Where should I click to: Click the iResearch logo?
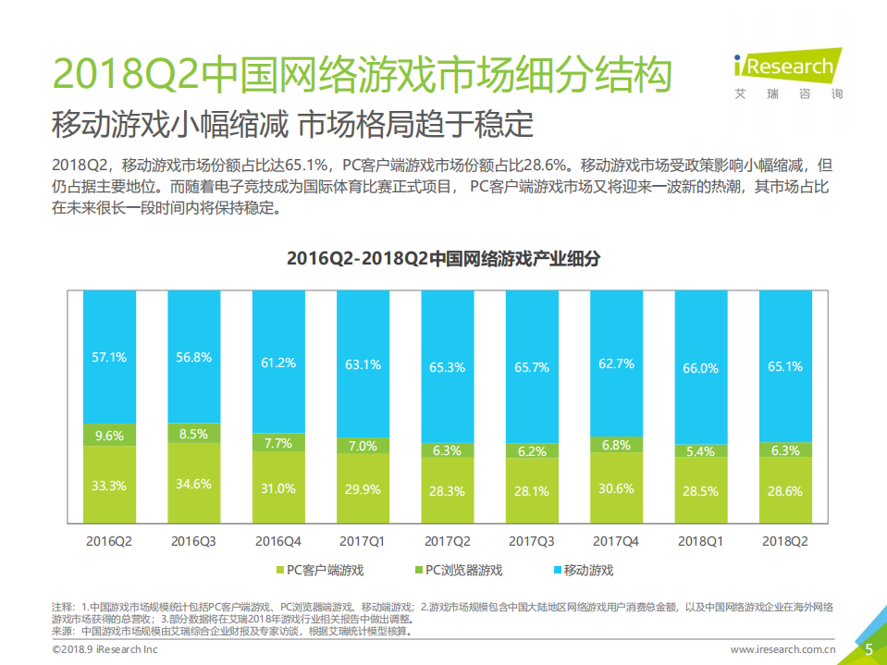786,69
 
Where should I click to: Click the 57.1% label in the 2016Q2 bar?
110,356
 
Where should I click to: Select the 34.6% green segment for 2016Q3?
194,483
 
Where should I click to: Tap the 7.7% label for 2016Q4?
278,443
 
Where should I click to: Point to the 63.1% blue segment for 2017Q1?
363,364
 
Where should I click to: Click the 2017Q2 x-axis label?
448,540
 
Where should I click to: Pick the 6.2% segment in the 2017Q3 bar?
532,451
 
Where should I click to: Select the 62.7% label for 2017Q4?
617,363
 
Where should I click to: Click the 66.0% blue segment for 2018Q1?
701,368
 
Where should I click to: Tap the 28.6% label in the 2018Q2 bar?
785,491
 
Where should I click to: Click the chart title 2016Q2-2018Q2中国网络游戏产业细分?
443,259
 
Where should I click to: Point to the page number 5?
869,649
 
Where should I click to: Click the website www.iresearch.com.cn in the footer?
783,650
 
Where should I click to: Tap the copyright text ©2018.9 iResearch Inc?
104,650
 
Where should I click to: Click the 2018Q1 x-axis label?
701,540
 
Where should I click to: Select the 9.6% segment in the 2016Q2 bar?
110,434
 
